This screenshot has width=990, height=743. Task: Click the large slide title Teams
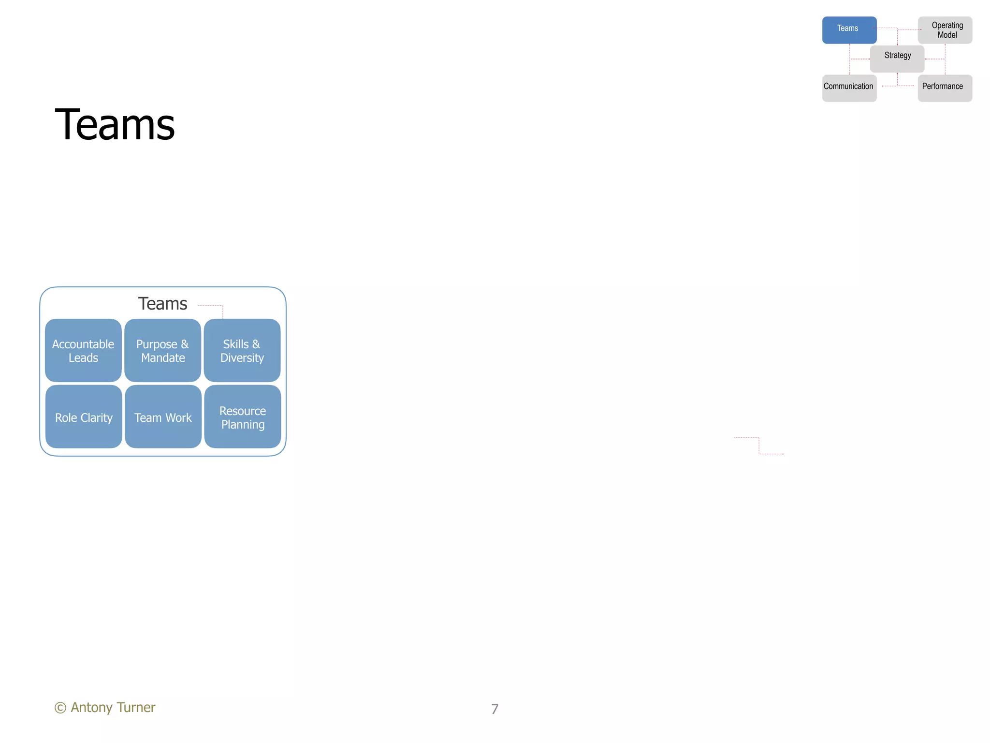[x=115, y=125]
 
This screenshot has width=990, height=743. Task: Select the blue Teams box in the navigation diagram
[x=849, y=30]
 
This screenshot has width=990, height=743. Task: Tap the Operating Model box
[x=945, y=30]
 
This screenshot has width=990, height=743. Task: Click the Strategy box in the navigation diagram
[x=897, y=59]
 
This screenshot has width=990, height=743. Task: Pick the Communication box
[x=849, y=88]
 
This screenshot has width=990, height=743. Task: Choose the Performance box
[x=945, y=88]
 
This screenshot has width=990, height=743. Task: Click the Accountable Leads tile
[x=83, y=350]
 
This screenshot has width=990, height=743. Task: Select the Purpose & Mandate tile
[x=162, y=350]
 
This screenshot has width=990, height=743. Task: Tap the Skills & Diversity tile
[x=242, y=350]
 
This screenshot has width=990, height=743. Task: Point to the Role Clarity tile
[x=84, y=416]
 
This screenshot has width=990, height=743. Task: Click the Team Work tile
[x=163, y=416]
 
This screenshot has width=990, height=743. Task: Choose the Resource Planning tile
[x=243, y=416]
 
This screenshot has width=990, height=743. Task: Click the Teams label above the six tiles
[x=162, y=303]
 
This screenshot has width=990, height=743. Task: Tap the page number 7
[x=495, y=709]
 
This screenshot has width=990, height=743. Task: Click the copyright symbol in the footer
[x=60, y=708]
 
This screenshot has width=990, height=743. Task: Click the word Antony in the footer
[x=91, y=708]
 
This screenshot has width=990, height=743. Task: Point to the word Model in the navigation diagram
[x=947, y=35]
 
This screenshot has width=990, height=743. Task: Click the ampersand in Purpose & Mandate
[x=185, y=344]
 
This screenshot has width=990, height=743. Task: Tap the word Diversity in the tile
[x=242, y=358]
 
